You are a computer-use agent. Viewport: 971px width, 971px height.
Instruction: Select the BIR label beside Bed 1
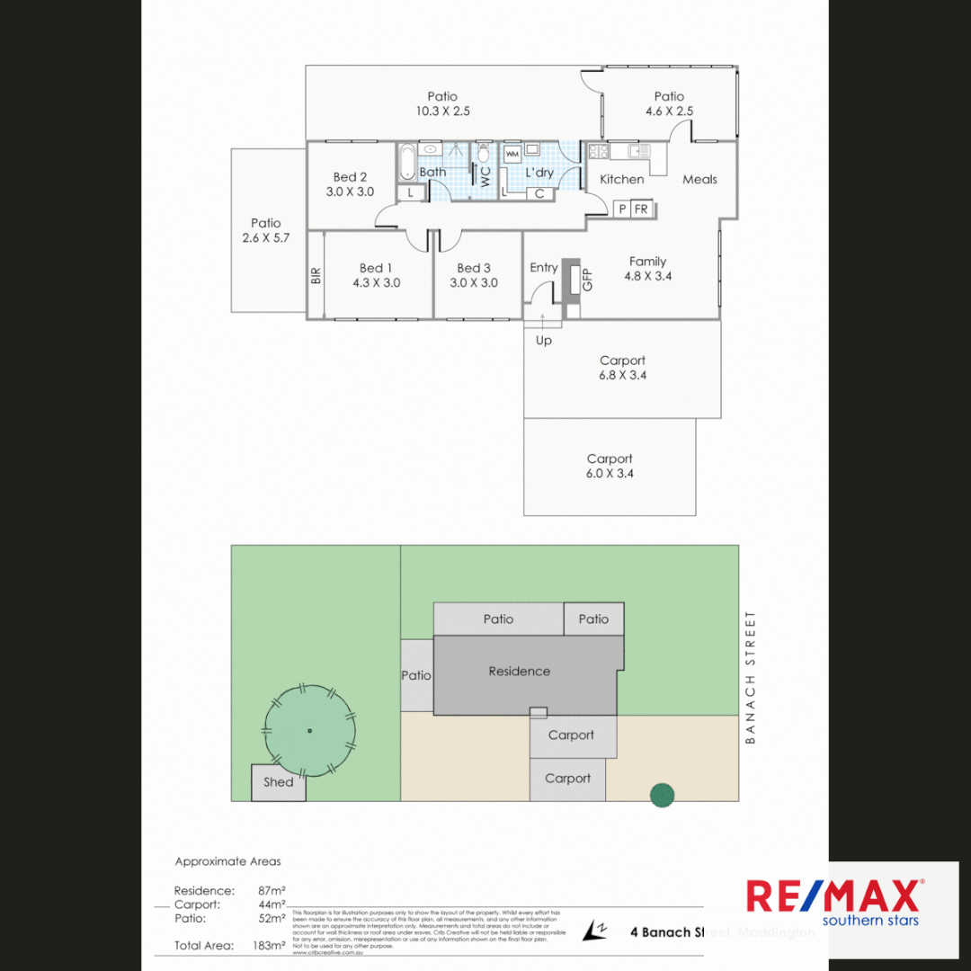316,275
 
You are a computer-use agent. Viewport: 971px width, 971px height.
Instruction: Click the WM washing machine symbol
512,155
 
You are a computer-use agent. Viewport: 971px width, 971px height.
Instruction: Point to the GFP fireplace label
588,280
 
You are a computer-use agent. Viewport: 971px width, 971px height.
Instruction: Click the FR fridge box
641,209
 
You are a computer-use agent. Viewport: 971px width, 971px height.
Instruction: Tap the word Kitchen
622,179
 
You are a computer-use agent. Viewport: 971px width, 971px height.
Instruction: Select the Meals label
699,179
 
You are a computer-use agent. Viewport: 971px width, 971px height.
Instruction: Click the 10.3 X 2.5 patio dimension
442,111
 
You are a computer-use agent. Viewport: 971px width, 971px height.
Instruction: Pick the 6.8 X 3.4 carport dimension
622,375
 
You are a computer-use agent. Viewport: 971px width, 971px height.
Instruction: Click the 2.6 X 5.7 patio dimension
266,238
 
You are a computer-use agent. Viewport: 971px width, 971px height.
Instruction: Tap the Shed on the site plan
279,782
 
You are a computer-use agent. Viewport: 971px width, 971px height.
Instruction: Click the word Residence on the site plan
519,671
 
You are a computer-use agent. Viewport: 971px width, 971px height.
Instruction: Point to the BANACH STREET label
751,678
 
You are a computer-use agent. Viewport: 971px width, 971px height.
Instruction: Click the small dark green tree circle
663,795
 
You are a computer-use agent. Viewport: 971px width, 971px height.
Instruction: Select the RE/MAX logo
833,902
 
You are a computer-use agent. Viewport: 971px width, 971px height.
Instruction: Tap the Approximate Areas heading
227,861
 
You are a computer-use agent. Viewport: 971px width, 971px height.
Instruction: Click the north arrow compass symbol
594,931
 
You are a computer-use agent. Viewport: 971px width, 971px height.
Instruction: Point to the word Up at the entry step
544,341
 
